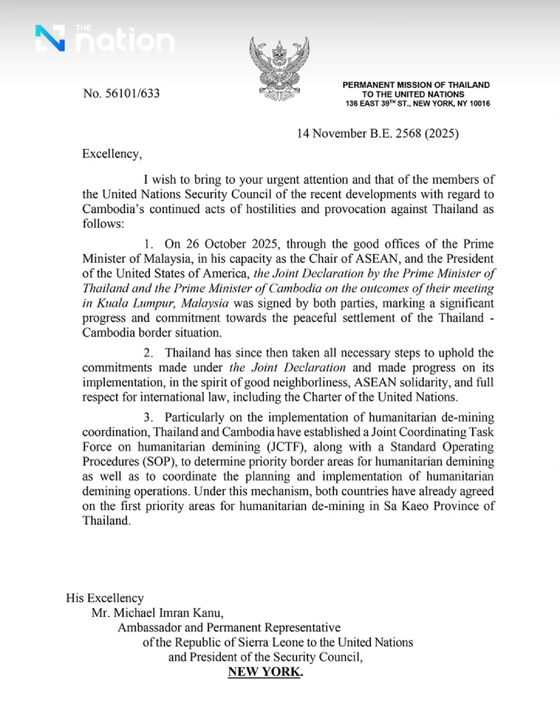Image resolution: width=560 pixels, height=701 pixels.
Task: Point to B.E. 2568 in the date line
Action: click(396, 134)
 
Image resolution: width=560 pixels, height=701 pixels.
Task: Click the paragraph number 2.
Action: click(148, 353)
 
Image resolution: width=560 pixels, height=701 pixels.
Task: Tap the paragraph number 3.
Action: click(148, 417)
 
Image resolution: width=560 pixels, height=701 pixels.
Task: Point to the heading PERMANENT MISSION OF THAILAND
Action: click(416, 85)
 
